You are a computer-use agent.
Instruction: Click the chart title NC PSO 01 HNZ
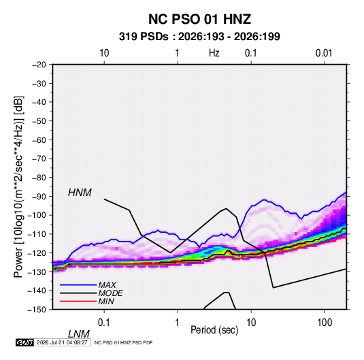pos(199,19)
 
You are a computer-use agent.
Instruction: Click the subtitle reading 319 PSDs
pos(144,37)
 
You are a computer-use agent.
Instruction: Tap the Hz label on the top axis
pos(214,53)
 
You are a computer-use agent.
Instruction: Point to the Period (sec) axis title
pos(214,330)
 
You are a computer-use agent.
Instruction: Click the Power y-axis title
pos(18,186)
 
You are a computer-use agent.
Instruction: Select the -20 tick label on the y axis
pos(39,65)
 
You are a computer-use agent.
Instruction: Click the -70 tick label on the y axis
pos(39,159)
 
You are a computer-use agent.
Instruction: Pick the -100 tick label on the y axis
pos(37,215)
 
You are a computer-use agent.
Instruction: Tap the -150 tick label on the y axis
pos(37,310)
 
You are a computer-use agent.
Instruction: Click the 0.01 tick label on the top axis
pos(324,53)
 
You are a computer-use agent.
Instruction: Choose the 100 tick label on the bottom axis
pos(325,323)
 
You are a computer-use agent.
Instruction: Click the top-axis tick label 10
pos(104,53)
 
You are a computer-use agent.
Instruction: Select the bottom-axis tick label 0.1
pos(104,323)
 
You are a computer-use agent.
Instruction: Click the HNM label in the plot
pos(80,193)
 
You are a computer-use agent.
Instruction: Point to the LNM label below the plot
pos(78,334)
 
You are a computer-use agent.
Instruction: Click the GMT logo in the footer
pos(24,342)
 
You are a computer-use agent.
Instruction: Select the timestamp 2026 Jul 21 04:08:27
pos(62,342)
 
